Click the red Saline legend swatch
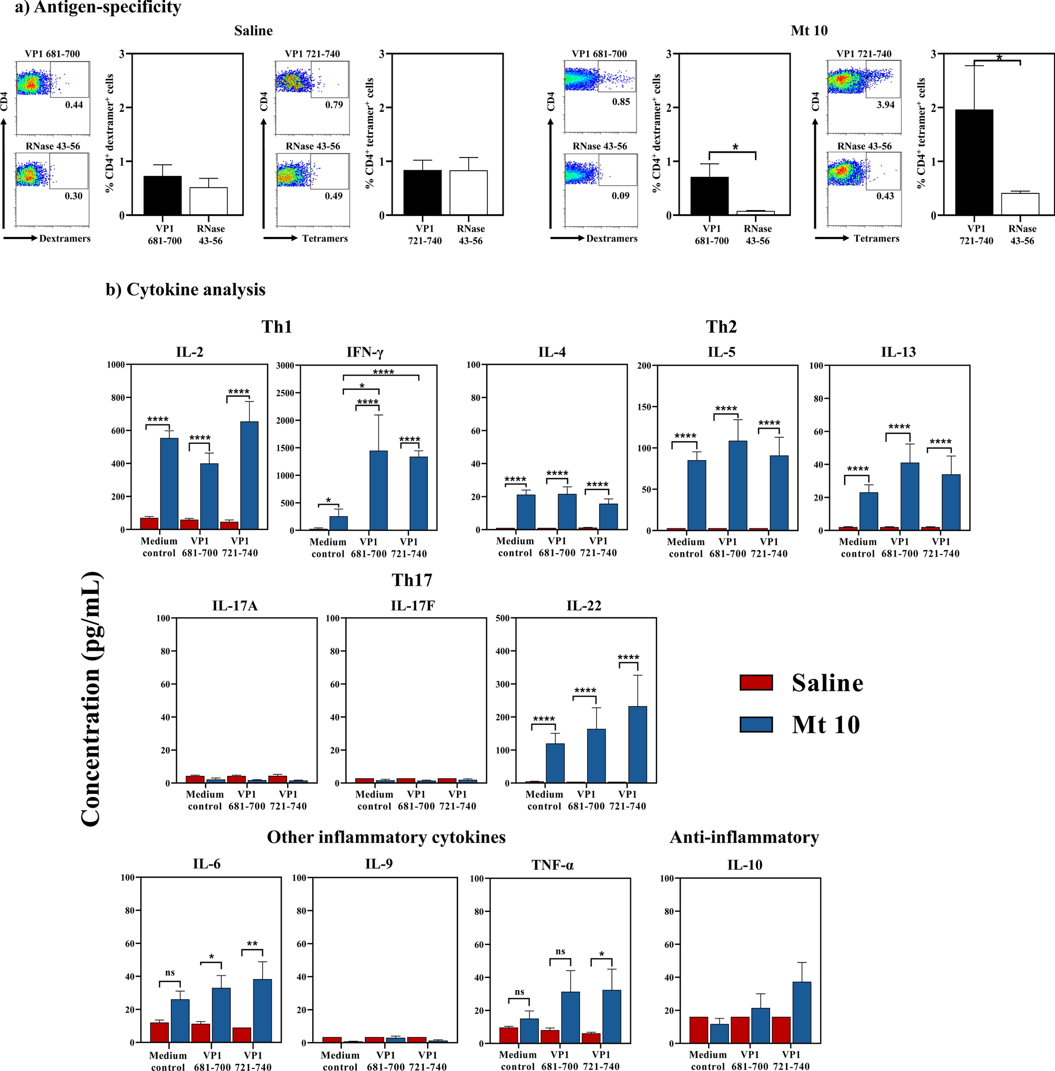pyautogui.click(x=756, y=682)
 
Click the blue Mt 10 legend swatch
pyautogui.click(x=756, y=724)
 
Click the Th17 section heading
pyautogui.click(x=412, y=580)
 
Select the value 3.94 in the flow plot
pyautogui.click(x=885, y=105)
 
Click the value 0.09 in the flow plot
pyautogui.click(x=620, y=195)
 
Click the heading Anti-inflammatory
pyautogui.click(x=744, y=837)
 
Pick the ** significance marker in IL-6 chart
pyautogui.click(x=252, y=944)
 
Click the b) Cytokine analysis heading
pyautogui.click(x=186, y=289)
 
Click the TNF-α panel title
pyautogui.click(x=552, y=865)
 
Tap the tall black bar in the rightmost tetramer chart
pyautogui.click(x=974, y=162)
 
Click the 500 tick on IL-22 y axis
pyautogui.click(x=502, y=618)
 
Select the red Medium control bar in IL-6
pyautogui.click(x=160, y=1032)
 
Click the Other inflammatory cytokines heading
pyautogui.click(x=386, y=837)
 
